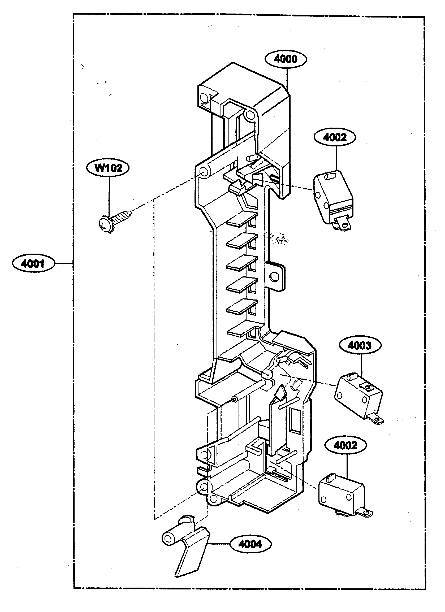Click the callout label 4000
(286, 59)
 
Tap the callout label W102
(108, 168)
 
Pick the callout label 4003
(359, 345)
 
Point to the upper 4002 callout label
(335, 137)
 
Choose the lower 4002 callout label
(346, 445)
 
